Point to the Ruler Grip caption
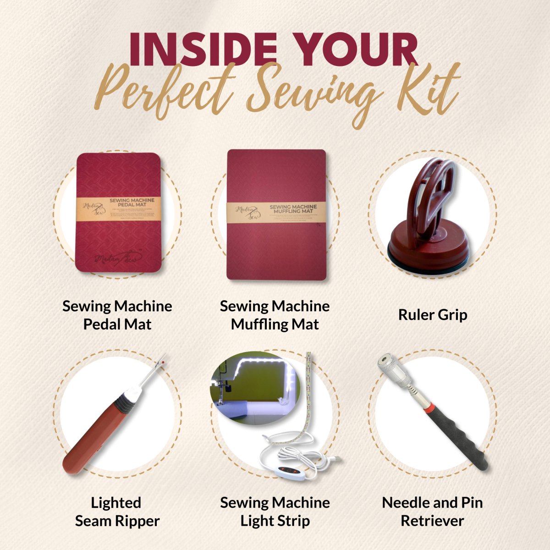(433, 315)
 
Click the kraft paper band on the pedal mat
(118, 209)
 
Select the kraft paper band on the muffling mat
(276, 212)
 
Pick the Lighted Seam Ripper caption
(117, 511)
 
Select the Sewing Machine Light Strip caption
(275, 511)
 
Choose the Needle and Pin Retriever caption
(432, 511)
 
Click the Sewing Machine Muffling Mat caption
(275, 315)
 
